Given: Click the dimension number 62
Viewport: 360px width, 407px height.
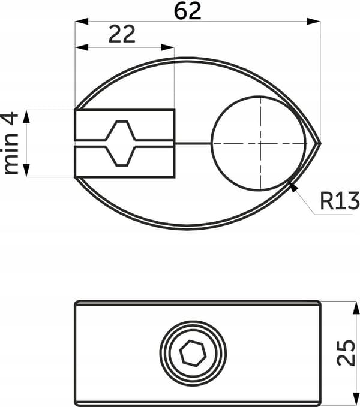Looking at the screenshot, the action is (x=188, y=11).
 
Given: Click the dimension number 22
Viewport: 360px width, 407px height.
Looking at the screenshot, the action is (x=122, y=34).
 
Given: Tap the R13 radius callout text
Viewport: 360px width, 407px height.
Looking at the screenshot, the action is (x=340, y=200).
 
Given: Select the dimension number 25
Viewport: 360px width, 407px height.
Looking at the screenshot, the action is (x=346, y=352).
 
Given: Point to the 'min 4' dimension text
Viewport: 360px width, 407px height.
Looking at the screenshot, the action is (x=10, y=143).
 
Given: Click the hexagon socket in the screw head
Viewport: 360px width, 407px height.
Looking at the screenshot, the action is (x=193, y=353).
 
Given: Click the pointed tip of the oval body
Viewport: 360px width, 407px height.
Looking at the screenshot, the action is (x=320, y=143).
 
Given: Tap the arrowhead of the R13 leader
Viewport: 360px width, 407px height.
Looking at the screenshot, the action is (x=292, y=186).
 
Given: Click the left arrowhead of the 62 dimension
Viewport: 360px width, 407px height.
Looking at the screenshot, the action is (x=82, y=22).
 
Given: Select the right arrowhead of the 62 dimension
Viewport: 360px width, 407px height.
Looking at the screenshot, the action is (x=314, y=22).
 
